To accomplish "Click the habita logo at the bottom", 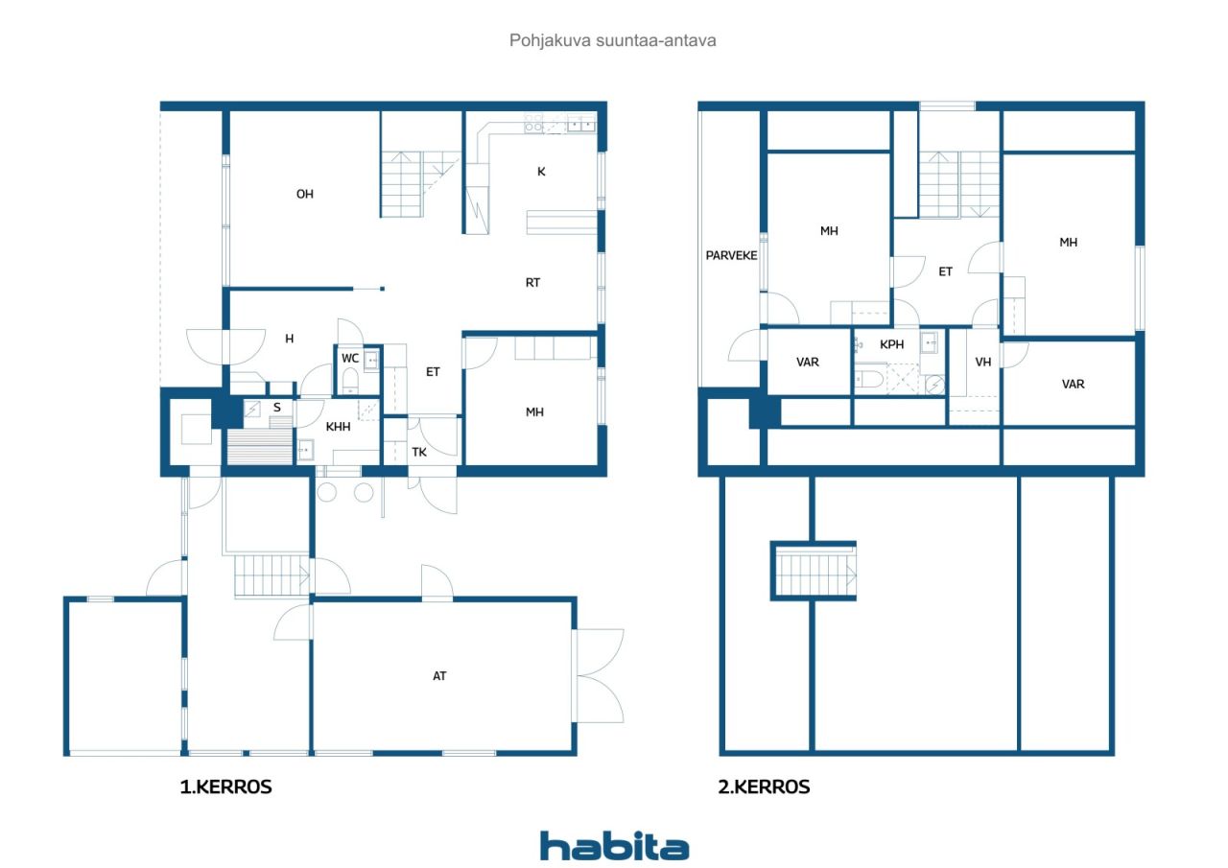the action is click(x=614, y=846).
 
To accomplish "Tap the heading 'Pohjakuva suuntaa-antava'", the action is click(x=612, y=40).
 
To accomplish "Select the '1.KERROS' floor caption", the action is click(x=225, y=786).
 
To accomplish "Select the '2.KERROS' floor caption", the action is click(x=764, y=786).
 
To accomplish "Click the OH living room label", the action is click(x=305, y=194).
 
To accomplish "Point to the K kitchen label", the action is click(x=541, y=172).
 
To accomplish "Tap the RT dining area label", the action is click(x=532, y=283).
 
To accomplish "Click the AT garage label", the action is click(x=439, y=676).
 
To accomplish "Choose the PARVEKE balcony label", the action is click(x=731, y=255).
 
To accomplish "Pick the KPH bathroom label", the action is click(x=892, y=344).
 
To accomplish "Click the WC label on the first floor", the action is click(x=350, y=359).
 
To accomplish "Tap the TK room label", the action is click(x=419, y=452).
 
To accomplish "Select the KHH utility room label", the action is click(x=338, y=427).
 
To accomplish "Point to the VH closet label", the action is click(x=983, y=363).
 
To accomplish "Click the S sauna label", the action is click(x=277, y=408).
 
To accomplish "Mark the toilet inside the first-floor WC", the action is click(x=350, y=381).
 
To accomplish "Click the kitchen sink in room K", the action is click(x=580, y=125).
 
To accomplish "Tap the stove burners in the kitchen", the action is click(x=533, y=124).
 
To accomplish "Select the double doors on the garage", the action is click(x=599, y=675).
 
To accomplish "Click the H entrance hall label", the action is click(x=290, y=339).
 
